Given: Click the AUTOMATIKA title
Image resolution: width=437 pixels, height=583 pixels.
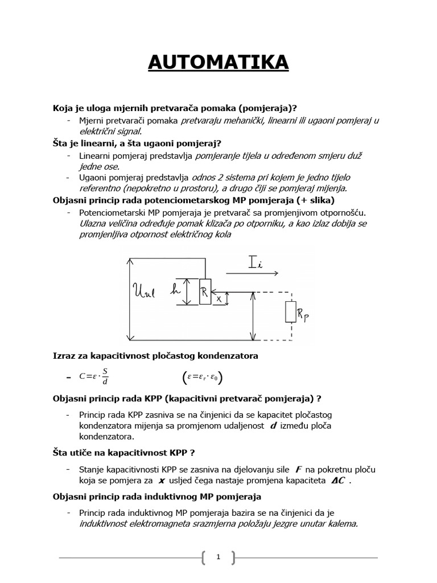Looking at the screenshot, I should point(218,63).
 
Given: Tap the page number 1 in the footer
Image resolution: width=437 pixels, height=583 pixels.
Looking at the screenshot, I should point(218,557).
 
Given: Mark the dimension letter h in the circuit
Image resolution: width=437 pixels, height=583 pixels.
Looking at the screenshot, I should point(176,289).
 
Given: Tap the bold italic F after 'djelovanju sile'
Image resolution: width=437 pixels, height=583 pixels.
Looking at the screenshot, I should point(298,469).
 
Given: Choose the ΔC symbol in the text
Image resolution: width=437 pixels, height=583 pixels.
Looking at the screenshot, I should point(338,480).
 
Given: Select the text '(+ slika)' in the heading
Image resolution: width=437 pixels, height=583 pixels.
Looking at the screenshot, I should point(314,201).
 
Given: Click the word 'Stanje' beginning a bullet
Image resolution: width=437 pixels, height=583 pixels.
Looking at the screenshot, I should point(93,469).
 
